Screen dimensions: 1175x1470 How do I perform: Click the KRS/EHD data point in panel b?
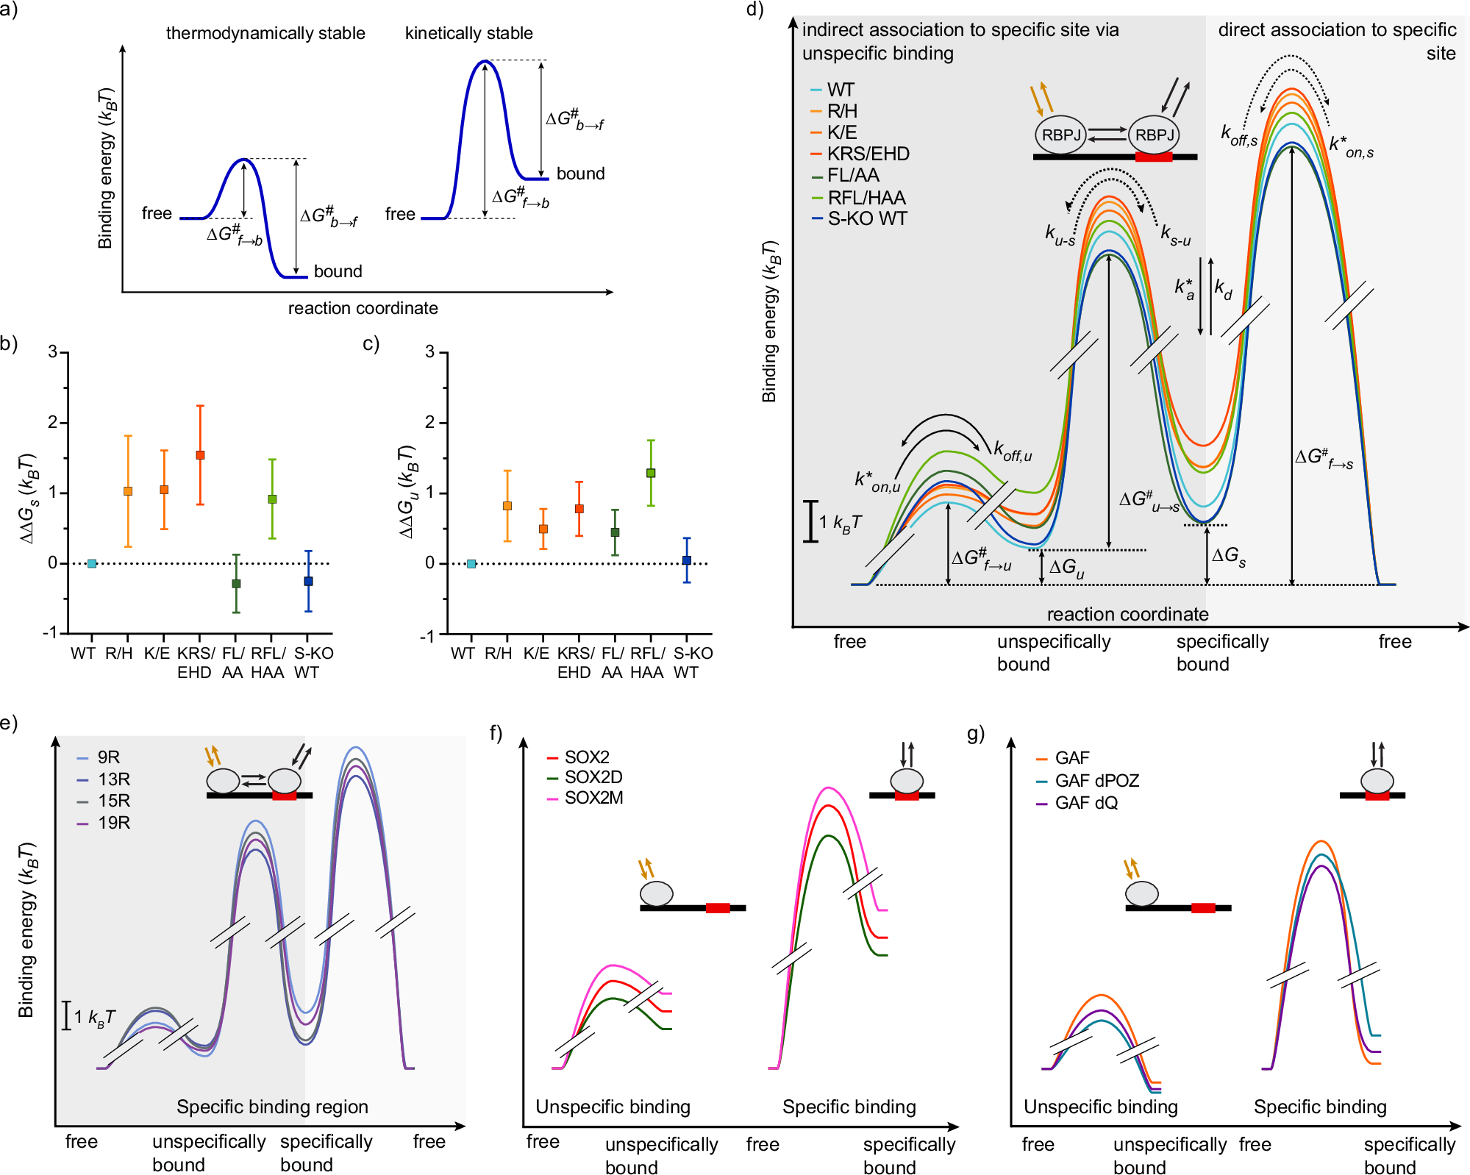pos(200,455)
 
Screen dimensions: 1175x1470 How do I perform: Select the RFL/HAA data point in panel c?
pos(651,473)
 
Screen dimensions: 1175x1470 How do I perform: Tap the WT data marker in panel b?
pos(92,564)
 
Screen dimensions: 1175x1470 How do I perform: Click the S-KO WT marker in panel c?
pos(687,560)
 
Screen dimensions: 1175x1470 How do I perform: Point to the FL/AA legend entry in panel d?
pos(853,176)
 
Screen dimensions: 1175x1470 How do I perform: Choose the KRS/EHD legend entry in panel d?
pos(868,154)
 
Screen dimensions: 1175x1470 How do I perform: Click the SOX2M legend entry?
pos(593,798)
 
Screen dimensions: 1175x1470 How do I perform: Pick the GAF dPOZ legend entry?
pos(1096,781)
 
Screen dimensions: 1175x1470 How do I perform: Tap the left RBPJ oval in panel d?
pos(1060,135)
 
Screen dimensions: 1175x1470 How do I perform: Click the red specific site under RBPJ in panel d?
pos(1153,157)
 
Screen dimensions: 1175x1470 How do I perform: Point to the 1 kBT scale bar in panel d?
pos(810,521)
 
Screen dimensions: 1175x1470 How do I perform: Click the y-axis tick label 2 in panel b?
pos(53,423)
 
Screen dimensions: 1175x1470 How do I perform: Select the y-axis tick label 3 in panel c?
pos(430,352)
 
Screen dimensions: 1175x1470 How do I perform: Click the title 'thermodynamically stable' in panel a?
pos(265,34)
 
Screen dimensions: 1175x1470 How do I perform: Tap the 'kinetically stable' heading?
pos(468,34)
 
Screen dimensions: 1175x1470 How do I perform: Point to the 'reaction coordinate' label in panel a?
pos(363,309)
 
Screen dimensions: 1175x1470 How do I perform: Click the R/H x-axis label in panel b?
pos(119,654)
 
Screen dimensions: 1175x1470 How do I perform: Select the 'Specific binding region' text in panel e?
pos(272,1107)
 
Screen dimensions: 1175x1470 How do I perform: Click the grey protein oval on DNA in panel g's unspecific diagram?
pos(1141,894)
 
